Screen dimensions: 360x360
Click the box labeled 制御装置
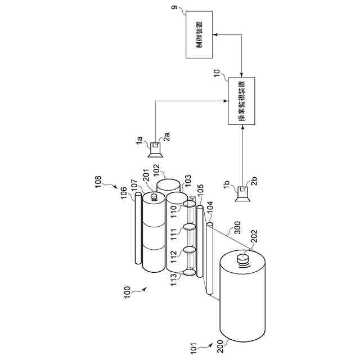[199, 34]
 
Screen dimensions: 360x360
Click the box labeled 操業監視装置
[241, 101]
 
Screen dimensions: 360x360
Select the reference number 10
[217, 73]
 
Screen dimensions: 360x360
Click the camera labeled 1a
[155, 150]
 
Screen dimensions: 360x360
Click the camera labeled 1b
[242, 194]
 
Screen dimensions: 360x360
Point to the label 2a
[167, 137]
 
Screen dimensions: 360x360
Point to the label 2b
[254, 181]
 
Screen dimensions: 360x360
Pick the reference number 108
[98, 182]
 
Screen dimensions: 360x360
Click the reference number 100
[127, 292]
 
